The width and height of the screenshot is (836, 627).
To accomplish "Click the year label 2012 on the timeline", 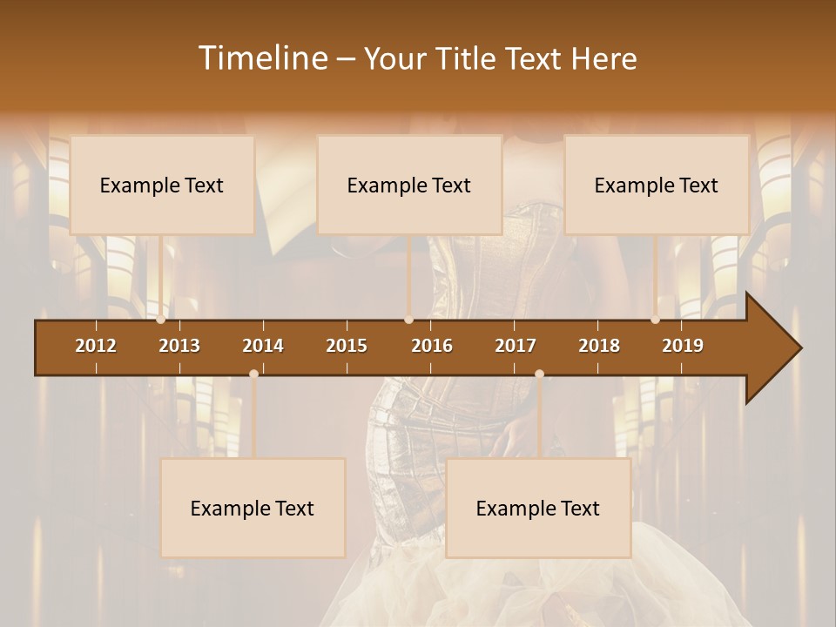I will pyautogui.click(x=96, y=346).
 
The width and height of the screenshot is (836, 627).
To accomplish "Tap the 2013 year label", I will pyautogui.click(x=179, y=346).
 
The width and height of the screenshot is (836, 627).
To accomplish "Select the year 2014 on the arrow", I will pyautogui.click(x=263, y=346).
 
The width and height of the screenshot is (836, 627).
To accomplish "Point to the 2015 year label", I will pyautogui.click(x=347, y=346).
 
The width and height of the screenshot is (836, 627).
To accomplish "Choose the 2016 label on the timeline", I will pyautogui.click(x=432, y=346).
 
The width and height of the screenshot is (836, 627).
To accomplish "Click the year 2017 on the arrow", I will pyautogui.click(x=516, y=346).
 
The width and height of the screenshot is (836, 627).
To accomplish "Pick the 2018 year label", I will pyautogui.click(x=599, y=346).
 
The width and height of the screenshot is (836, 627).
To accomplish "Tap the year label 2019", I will pyautogui.click(x=683, y=346).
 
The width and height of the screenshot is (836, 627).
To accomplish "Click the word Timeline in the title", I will pyautogui.click(x=261, y=58).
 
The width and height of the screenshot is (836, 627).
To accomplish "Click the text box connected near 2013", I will pyautogui.click(x=162, y=185).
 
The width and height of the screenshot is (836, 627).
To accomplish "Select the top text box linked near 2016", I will pyautogui.click(x=409, y=185).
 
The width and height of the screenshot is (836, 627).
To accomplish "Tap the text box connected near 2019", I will pyautogui.click(x=657, y=185).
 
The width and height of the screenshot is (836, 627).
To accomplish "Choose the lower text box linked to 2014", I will pyautogui.click(x=253, y=508).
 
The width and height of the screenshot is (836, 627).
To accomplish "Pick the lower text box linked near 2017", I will pyautogui.click(x=538, y=508).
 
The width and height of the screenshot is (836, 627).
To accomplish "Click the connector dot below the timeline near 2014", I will pyautogui.click(x=253, y=374).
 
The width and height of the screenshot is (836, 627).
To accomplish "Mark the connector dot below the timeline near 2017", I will pyautogui.click(x=539, y=374).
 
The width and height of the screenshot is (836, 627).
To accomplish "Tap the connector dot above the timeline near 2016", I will pyautogui.click(x=408, y=320).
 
